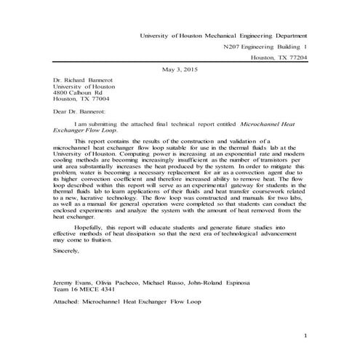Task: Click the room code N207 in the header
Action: pos(233,46)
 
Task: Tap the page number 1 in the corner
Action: pos(306,335)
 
